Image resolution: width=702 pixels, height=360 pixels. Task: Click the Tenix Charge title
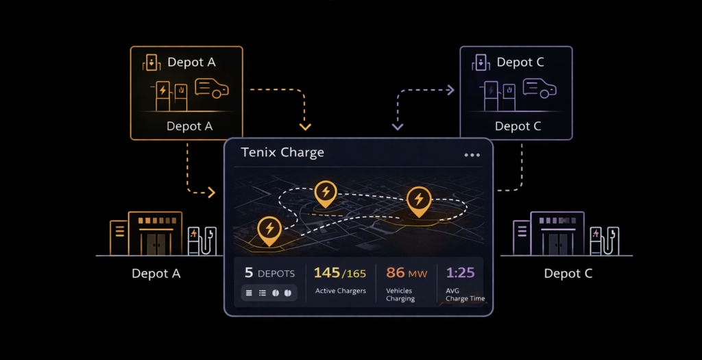[282, 152]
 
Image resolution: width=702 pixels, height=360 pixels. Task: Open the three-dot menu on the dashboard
[472, 155]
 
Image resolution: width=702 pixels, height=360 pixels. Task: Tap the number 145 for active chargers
[327, 273]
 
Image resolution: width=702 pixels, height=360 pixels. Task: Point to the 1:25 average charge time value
[460, 273]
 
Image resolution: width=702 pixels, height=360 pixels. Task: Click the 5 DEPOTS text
[270, 273]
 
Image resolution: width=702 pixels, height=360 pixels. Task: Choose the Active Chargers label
[340, 291]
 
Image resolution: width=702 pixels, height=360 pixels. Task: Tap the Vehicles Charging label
[400, 295]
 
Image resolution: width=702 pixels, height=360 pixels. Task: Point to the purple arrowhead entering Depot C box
[450, 89]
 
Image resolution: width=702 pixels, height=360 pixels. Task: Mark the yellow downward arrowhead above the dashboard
[306, 126]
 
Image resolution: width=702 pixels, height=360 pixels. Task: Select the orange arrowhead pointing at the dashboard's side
[211, 193]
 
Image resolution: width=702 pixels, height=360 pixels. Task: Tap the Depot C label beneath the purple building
[568, 274]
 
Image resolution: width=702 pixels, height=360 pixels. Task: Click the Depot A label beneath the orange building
[156, 274]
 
